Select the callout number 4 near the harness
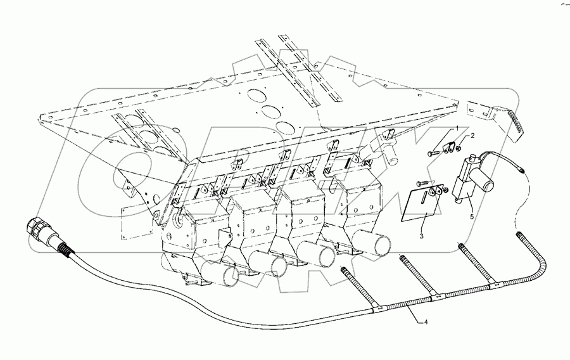(x=426, y=323)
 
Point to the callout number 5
(x=472, y=215)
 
